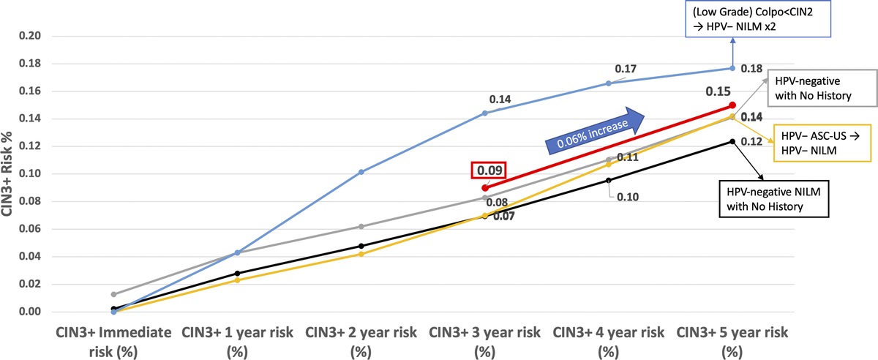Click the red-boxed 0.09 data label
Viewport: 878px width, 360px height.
click(x=485, y=170)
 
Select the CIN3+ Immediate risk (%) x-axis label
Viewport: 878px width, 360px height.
click(x=113, y=340)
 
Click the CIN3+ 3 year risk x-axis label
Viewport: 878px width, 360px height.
click(x=484, y=340)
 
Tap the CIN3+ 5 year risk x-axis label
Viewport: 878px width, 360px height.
click(x=732, y=340)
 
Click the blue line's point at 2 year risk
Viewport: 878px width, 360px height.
click(x=361, y=172)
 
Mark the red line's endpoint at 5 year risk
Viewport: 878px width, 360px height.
click(x=732, y=105)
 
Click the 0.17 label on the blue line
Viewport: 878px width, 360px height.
click(x=624, y=69)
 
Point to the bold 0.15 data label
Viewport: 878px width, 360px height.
click(x=718, y=92)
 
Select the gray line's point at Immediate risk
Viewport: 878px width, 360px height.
click(x=113, y=294)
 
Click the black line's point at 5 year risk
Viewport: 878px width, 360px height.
click(x=732, y=142)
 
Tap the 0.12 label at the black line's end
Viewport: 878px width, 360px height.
click(x=752, y=142)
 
